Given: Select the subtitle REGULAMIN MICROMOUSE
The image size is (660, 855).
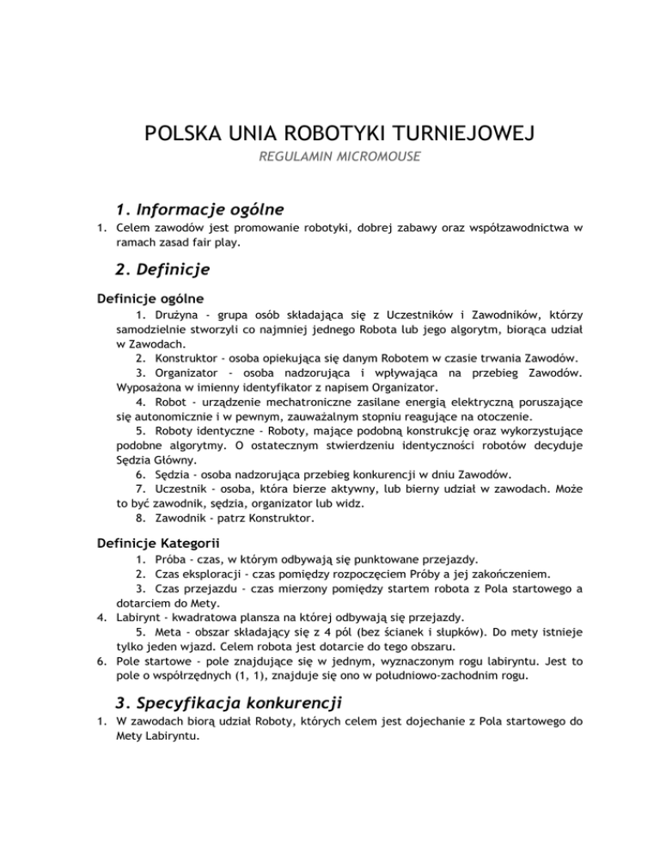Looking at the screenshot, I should [330, 161].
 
